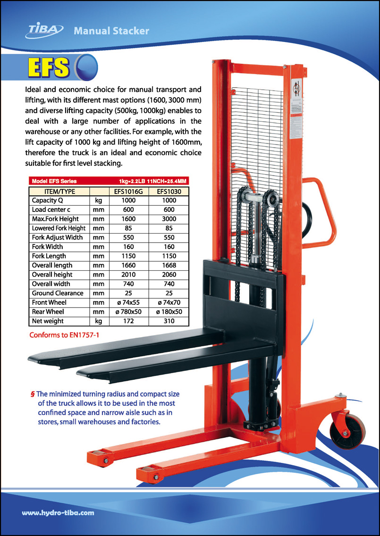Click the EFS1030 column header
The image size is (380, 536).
(169, 191)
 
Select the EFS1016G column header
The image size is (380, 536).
(128, 191)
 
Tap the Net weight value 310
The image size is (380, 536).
(169, 321)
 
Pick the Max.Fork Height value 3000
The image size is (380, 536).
(169, 219)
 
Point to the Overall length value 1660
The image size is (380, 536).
(128, 265)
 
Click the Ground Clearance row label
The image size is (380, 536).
(57, 293)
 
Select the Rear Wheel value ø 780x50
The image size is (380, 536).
(128, 312)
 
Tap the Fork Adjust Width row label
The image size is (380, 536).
(57, 237)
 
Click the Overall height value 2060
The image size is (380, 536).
(169, 275)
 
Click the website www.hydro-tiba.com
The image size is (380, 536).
(58, 512)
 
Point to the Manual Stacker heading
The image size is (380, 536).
(111, 31)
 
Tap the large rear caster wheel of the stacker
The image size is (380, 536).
(348, 434)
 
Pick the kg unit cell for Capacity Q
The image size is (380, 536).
(99, 201)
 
